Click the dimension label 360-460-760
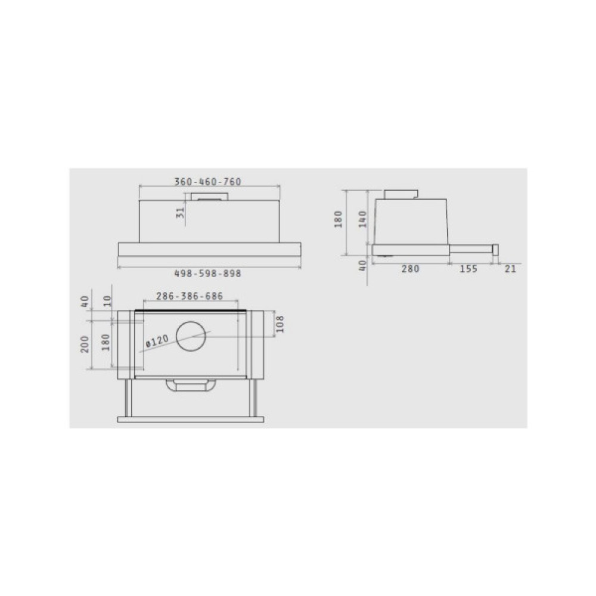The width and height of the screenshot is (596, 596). [208, 182]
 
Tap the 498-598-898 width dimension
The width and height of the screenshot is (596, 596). [207, 274]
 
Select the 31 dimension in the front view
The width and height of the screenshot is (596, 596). [181, 213]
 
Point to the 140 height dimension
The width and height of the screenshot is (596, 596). [362, 219]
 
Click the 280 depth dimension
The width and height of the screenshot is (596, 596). [411, 269]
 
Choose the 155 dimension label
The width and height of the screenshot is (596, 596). [468, 269]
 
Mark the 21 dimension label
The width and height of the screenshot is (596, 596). [510, 269]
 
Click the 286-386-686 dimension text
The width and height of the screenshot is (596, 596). [190, 296]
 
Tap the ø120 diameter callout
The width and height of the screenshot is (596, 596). [157, 341]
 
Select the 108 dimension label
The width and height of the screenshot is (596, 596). [280, 324]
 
